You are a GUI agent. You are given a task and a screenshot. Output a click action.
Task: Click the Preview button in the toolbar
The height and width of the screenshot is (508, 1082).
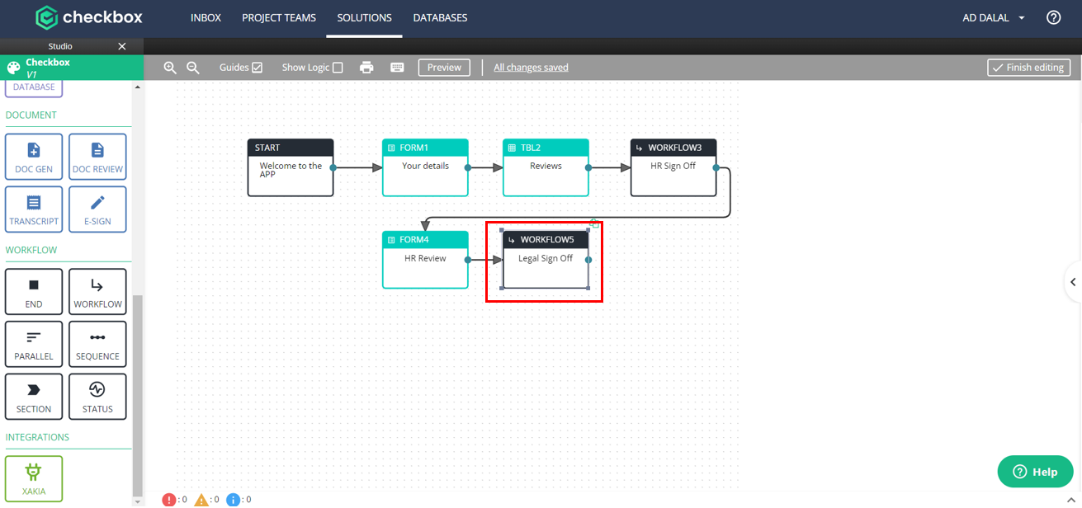444,68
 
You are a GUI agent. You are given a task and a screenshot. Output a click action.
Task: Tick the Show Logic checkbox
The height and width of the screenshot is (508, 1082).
338,68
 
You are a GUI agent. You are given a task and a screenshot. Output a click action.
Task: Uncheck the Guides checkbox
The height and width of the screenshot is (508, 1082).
258,68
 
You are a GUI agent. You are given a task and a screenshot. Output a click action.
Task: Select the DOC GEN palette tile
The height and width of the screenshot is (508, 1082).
34,157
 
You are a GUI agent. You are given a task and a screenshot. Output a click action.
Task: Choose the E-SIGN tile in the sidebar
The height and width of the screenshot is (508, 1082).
97,209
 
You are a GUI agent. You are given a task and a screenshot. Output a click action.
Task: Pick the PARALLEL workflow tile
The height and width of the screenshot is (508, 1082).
34,345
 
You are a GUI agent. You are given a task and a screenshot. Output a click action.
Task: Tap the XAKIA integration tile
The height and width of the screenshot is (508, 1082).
34,478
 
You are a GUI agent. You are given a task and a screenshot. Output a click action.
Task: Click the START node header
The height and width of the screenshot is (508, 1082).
291,148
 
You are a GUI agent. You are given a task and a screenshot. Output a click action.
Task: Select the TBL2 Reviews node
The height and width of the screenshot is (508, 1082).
546,167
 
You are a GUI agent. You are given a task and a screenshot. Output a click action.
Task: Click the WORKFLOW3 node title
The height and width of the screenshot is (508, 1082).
675,148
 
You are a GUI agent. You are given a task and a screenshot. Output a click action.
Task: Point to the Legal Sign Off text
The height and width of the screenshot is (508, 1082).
546,259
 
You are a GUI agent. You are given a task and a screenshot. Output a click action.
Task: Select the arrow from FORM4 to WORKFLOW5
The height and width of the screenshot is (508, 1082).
485,260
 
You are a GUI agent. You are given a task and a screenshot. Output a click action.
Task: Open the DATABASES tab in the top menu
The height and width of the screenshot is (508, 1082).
440,18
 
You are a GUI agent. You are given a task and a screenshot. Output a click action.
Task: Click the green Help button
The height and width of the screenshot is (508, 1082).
1035,472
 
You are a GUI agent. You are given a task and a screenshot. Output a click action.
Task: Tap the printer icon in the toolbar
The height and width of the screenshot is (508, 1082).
366,68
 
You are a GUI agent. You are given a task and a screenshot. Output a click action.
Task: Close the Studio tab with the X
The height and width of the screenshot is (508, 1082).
122,46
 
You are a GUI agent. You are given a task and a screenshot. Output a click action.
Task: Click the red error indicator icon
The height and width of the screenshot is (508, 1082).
168,500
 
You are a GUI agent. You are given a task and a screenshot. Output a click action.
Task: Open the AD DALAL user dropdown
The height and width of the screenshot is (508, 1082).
993,18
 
